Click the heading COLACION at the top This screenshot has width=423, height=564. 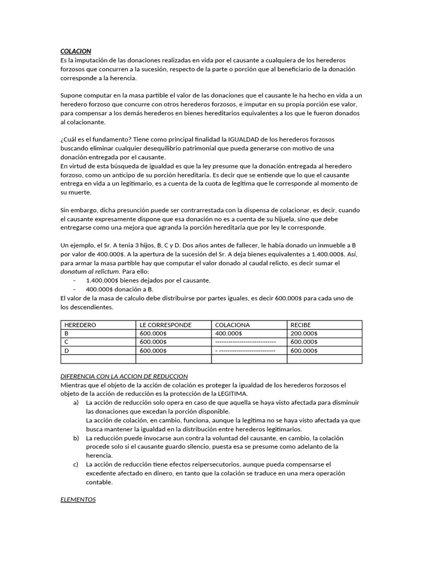(75, 51)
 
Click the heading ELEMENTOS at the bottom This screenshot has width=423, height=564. (78, 500)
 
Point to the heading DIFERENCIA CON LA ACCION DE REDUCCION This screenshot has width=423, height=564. (124, 376)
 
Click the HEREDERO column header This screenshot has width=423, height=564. (80, 325)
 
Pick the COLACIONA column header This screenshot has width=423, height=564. (232, 325)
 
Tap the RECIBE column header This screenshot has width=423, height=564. (301, 325)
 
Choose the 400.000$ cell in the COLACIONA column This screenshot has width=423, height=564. (228, 333)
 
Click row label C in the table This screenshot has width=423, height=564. (67, 341)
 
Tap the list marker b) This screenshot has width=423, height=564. (75, 437)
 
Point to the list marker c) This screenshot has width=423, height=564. (75, 464)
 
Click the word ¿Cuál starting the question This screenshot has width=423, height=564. (69, 140)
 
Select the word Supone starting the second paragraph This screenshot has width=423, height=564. (72, 95)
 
